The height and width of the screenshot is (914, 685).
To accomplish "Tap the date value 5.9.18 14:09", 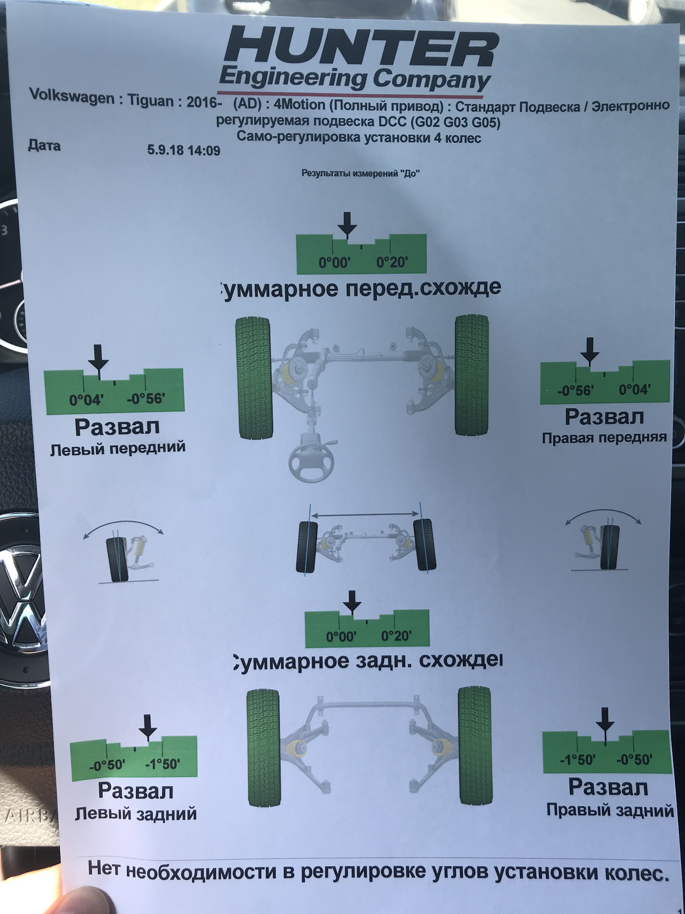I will [x=184, y=150].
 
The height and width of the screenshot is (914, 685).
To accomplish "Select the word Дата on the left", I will [x=44, y=145].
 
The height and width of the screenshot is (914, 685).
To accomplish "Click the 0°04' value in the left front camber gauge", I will [x=86, y=399].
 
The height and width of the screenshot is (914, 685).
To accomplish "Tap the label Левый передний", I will [x=117, y=448].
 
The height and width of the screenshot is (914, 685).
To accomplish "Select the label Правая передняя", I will [x=604, y=437].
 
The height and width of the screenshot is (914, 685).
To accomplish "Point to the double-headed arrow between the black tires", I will [x=366, y=515].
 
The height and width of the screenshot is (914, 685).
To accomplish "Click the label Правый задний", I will [x=610, y=810].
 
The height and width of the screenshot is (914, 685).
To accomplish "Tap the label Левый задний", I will [x=136, y=814].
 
